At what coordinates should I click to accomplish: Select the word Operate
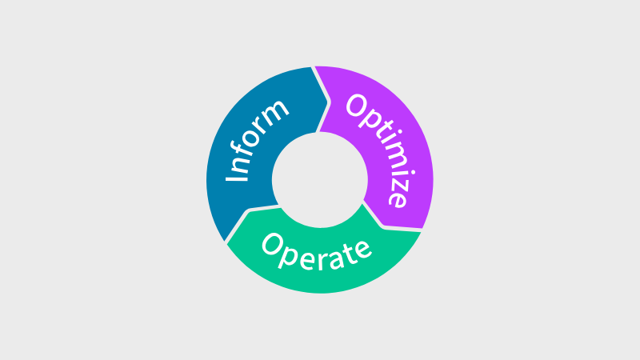coord(317,251)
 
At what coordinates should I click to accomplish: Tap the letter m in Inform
coord(276,110)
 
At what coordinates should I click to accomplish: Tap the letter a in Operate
coord(334,256)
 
